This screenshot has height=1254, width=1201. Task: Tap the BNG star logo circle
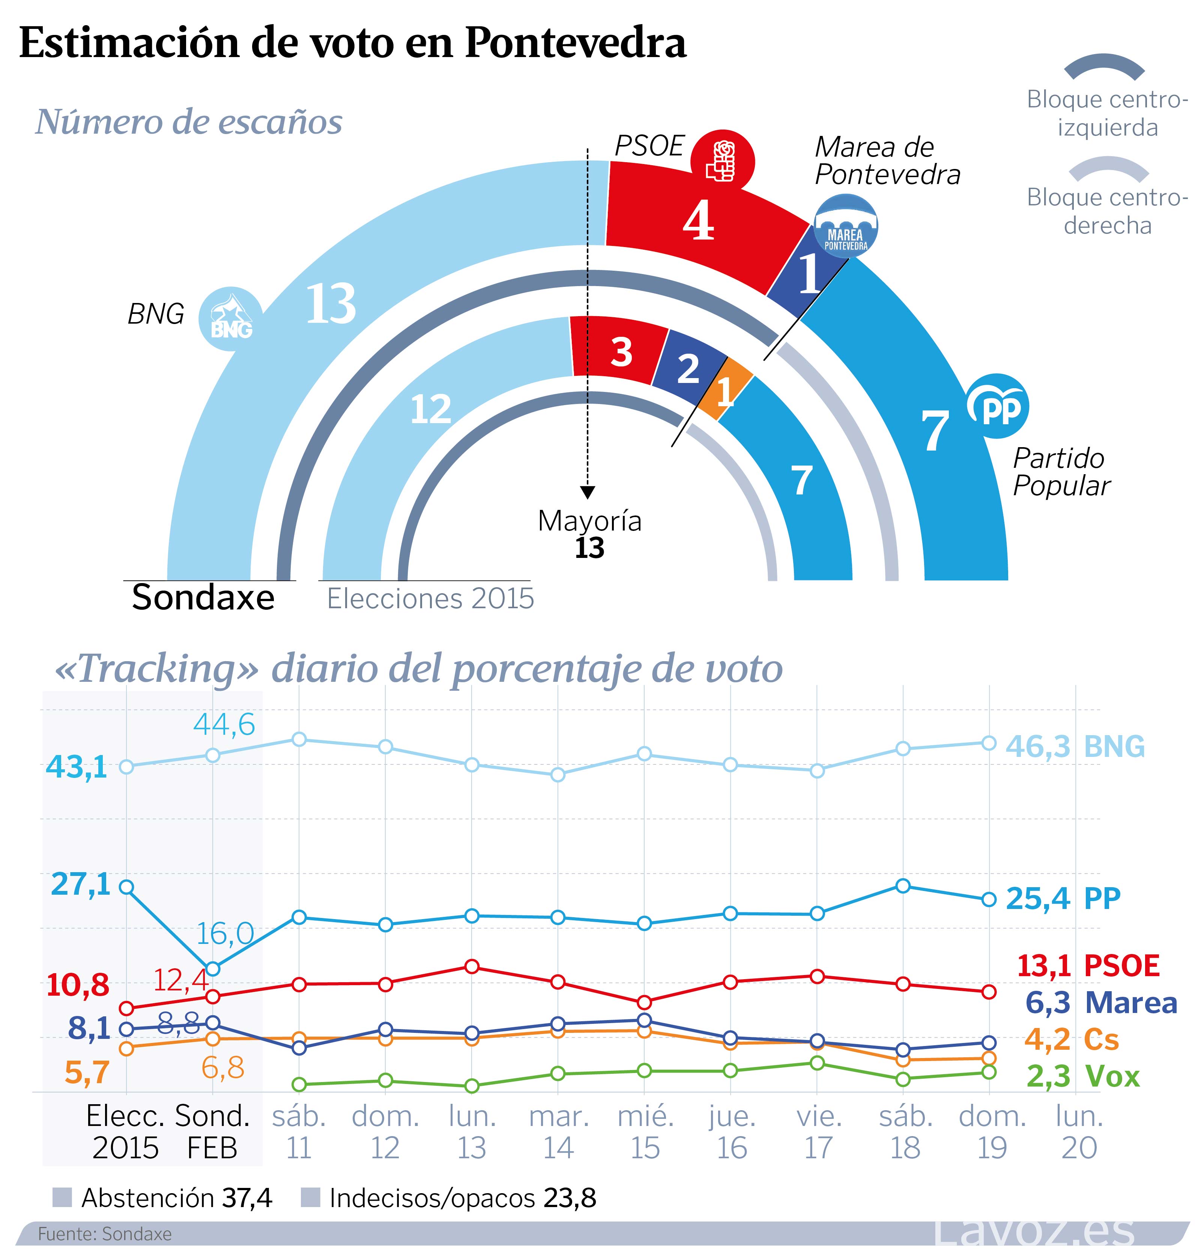click(x=231, y=318)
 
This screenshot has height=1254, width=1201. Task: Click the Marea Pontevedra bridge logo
click(x=846, y=226)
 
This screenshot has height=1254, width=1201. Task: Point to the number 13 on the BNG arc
click(x=331, y=304)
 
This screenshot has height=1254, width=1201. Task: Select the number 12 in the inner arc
click(x=430, y=410)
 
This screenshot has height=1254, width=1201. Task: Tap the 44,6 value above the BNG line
click(x=224, y=724)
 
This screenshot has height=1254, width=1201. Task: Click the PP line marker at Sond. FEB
click(x=213, y=969)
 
